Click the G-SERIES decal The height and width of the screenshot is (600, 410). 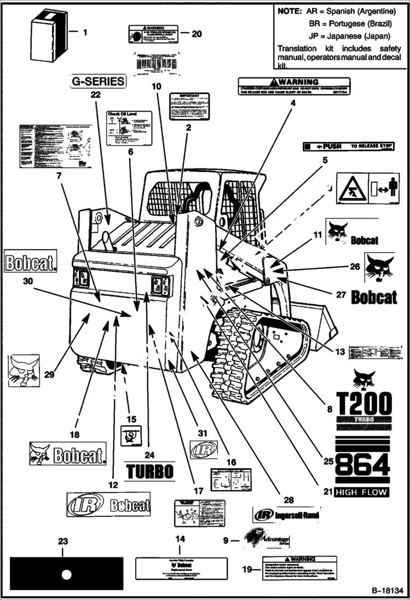point(98,81)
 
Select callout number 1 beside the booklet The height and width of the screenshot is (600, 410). point(85,33)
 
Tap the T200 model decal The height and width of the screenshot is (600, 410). point(363,404)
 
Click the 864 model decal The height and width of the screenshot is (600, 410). point(362,465)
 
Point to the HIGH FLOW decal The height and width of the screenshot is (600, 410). point(362,492)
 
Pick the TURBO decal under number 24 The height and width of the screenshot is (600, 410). point(149,471)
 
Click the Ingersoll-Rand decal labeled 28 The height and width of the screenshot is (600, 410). point(286,515)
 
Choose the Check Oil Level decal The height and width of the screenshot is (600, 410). point(129,128)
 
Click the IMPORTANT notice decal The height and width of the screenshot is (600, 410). point(189,106)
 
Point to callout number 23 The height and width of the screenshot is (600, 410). point(63,541)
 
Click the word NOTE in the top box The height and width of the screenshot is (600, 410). point(293,11)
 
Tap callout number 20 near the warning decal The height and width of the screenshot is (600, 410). point(197,33)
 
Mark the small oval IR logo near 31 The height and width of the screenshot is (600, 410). point(203,449)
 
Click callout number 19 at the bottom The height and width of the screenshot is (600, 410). point(247,569)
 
